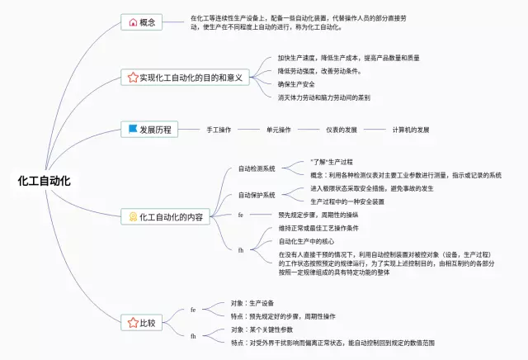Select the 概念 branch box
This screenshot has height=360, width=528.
pos(143,21)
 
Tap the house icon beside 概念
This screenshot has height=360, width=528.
pos(133,21)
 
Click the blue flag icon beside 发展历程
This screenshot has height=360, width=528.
pos(133,130)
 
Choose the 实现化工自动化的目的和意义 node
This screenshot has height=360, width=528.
pos(185,78)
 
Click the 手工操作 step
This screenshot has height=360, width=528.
pos(219,130)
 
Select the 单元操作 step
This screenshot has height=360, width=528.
pos(278,130)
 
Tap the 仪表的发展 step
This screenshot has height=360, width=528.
pos(341,130)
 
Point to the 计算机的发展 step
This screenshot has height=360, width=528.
pos(410,130)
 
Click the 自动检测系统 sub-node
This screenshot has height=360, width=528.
pos(257,168)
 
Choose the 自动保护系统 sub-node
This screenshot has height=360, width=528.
pos(257,195)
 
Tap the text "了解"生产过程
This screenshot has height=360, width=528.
pos(332,162)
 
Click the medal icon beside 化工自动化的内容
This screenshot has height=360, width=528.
pos(133,216)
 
